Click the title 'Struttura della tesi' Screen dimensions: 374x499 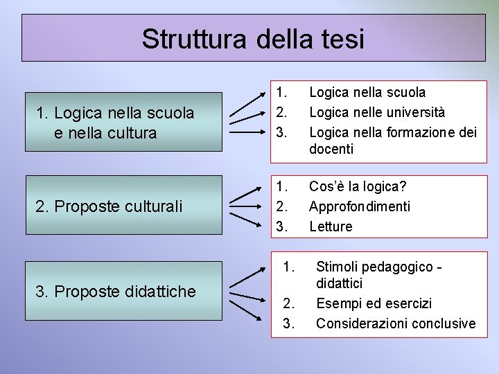[252, 38]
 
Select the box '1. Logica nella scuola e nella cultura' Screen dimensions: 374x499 [121, 122]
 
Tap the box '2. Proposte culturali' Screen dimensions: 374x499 [121, 206]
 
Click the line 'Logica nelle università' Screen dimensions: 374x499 [377, 112]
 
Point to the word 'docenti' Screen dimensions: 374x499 [331, 148]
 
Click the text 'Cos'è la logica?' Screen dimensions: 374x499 [358, 186]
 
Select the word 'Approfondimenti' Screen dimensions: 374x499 [360, 206]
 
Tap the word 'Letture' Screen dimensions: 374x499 [331, 226]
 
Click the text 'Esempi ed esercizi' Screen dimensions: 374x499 [374, 303]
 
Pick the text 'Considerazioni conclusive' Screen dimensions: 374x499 [396, 323]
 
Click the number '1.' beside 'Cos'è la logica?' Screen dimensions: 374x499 [281, 186]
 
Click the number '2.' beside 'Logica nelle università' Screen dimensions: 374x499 [281, 112]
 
